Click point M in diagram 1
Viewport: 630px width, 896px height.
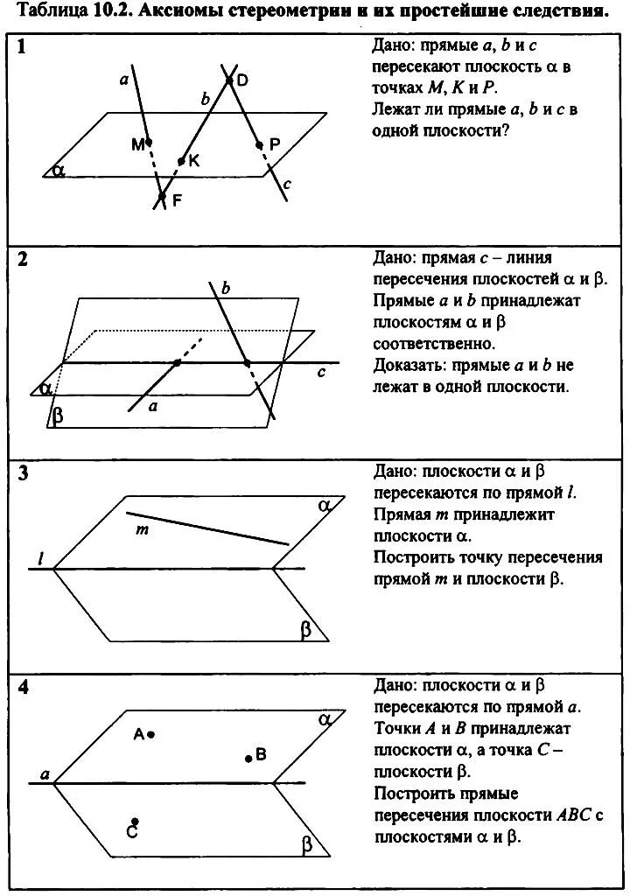coord(149,141)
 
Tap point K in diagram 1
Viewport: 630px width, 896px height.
coord(181,161)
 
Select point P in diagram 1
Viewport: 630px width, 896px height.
coord(259,145)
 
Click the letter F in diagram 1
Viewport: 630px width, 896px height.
coord(178,200)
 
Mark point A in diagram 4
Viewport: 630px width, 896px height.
coord(151,735)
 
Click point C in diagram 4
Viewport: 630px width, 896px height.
coord(134,822)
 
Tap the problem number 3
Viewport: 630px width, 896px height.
coord(24,473)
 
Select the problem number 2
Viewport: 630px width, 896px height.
coord(24,260)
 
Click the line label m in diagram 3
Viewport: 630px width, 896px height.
coord(139,530)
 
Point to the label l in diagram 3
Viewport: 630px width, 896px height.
coord(40,557)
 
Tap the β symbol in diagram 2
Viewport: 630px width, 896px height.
coord(58,415)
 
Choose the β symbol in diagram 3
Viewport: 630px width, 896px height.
coord(306,628)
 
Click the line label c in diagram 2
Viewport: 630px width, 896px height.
coord(321,372)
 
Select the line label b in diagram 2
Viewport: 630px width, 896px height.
coord(226,288)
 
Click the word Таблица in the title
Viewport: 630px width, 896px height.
coord(51,11)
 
